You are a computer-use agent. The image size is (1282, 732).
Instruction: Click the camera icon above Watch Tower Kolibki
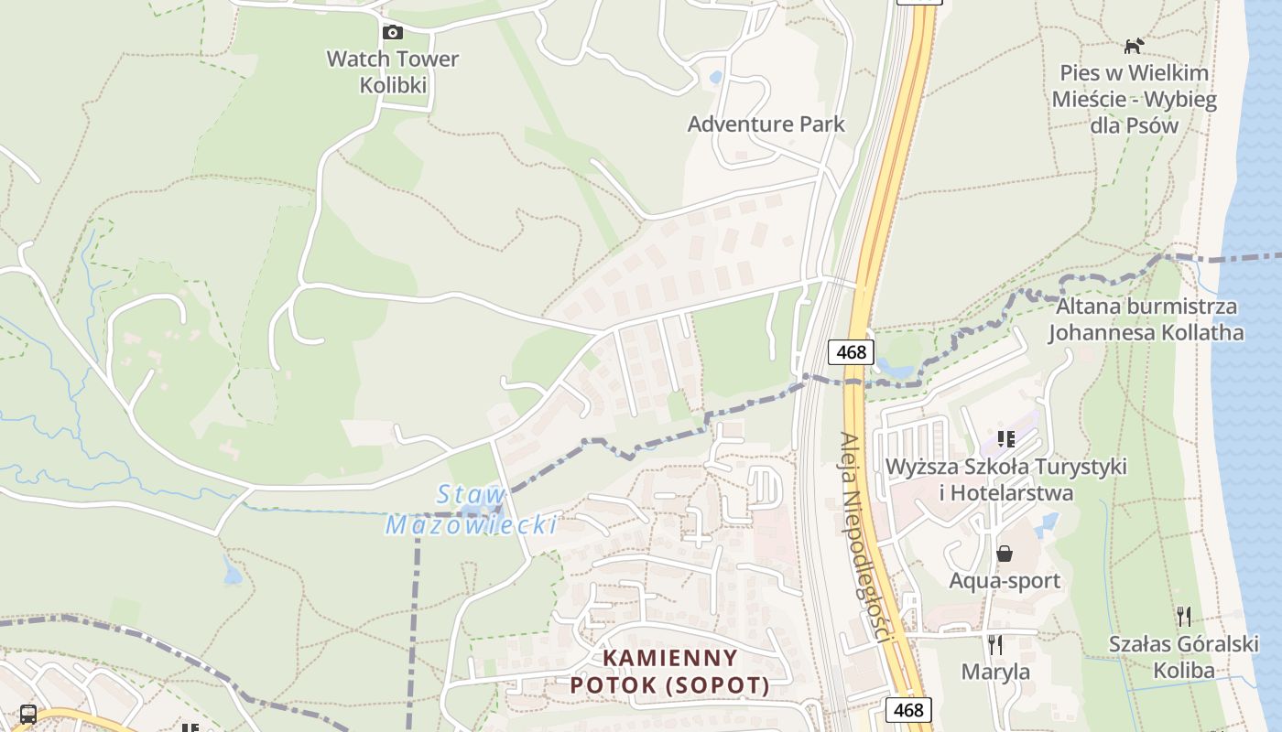pyautogui.click(x=392, y=33)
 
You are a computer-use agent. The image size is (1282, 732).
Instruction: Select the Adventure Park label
pyautogui.click(x=766, y=124)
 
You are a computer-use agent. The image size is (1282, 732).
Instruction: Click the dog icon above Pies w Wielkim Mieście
pyautogui.click(x=1134, y=46)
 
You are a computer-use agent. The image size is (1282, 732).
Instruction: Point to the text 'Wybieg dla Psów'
pyautogui.click(x=1135, y=113)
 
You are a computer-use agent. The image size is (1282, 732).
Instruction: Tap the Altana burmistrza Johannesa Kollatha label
pyautogui.click(x=1146, y=319)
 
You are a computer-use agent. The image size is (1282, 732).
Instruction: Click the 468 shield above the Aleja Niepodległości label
pyautogui.click(x=851, y=351)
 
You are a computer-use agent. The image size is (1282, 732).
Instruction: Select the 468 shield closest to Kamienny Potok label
pyautogui.click(x=908, y=710)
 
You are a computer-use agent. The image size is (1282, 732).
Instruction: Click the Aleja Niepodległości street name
pyautogui.click(x=863, y=537)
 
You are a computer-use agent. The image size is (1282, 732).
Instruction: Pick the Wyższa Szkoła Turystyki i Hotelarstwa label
pyautogui.click(x=1005, y=479)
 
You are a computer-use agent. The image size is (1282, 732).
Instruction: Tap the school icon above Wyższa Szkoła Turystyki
pyautogui.click(x=1006, y=439)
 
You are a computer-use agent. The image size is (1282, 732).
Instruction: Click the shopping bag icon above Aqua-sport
pyautogui.click(x=1005, y=554)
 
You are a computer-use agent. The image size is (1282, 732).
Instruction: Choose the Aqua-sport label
pyautogui.click(x=1005, y=581)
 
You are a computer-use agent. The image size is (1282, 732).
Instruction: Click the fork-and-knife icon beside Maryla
pyautogui.click(x=995, y=645)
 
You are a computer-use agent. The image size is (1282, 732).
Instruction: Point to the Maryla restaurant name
pyautogui.click(x=995, y=673)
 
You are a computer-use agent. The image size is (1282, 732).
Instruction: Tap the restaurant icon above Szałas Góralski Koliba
pyautogui.click(x=1184, y=616)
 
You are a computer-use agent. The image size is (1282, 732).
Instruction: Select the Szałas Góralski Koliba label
pyautogui.click(x=1184, y=657)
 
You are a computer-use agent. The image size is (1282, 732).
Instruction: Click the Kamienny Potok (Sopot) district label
pyautogui.click(x=669, y=672)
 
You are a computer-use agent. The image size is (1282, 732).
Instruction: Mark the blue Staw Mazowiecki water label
pyautogui.click(x=472, y=510)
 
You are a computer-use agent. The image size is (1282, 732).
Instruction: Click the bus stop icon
pyautogui.click(x=28, y=715)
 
